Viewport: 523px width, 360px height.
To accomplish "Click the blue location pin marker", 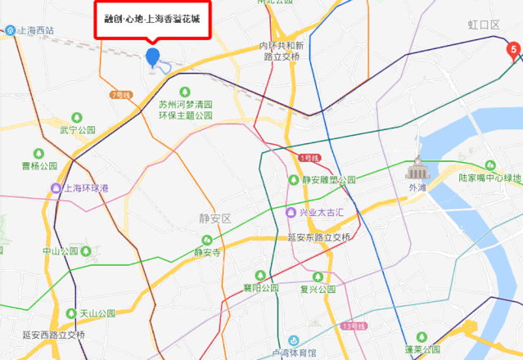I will [152, 56].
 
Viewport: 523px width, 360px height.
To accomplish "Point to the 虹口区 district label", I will [484, 25].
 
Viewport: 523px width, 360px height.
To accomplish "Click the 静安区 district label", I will [216, 218].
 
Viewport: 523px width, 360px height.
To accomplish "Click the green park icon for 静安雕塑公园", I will [293, 179].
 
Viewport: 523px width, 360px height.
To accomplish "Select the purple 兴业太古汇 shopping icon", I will [291, 213].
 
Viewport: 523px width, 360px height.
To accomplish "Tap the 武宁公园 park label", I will [79, 130].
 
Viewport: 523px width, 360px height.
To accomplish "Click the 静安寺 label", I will [207, 252].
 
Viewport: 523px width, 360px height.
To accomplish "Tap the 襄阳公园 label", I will [261, 288].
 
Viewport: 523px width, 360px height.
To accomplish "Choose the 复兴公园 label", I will [318, 289].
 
